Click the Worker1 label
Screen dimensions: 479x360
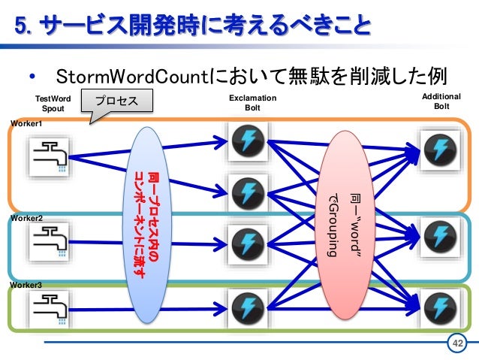tap(26, 123)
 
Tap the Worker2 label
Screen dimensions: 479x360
tap(26, 219)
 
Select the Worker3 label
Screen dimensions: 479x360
tap(26, 285)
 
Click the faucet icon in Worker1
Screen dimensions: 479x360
tap(50, 157)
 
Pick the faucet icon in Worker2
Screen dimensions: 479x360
tap(50, 242)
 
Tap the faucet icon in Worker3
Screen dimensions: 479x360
tap(50, 310)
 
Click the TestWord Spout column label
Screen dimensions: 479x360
tap(53, 104)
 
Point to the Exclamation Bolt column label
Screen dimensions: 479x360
tap(252, 103)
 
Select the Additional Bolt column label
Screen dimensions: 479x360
tap(441, 101)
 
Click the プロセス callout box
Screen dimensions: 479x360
tap(117, 101)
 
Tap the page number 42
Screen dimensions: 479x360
tap(457, 343)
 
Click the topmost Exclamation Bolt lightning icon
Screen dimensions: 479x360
tap(248, 141)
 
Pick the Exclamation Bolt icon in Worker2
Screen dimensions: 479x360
tap(248, 244)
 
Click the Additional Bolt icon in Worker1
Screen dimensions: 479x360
tap(440, 150)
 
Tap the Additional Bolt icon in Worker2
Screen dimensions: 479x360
tap(440, 237)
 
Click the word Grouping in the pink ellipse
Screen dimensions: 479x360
tap(332, 230)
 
